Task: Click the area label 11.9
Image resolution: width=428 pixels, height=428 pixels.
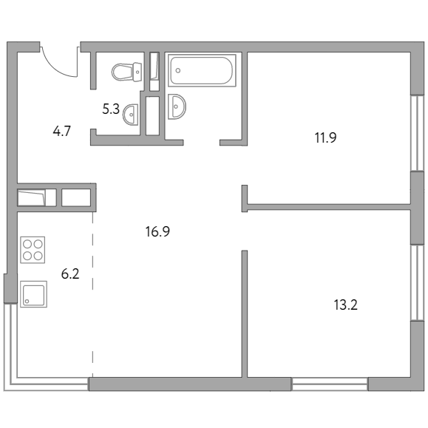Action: click(325, 137)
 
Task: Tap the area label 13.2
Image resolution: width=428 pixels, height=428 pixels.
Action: click(345, 305)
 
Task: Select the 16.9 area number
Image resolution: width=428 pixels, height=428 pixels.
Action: click(157, 231)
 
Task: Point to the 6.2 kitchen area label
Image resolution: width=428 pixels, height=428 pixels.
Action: click(70, 274)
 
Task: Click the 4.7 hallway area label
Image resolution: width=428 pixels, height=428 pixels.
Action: click(61, 131)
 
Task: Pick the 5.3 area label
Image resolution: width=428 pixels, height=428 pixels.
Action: click(111, 109)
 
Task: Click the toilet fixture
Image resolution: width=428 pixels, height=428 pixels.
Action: click(126, 72)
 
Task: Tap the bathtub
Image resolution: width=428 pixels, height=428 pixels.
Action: click(202, 70)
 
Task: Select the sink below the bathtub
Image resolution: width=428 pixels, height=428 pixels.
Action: click(177, 106)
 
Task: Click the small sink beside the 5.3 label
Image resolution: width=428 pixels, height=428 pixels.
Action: click(131, 115)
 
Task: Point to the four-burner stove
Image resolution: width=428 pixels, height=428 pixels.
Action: click(33, 250)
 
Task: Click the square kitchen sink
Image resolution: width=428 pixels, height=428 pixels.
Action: click(33, 294)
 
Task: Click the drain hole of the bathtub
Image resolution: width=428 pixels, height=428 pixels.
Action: click(178, 71)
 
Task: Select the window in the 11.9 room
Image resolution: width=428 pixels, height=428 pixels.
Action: click(418, 133)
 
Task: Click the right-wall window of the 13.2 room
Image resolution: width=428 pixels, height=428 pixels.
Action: click(418, 282)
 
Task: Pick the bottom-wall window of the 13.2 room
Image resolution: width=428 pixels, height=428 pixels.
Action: click(330, 384)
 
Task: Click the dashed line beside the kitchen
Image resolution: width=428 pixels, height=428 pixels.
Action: click(92, 281)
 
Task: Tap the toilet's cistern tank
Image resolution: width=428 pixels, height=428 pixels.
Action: click(137, 72)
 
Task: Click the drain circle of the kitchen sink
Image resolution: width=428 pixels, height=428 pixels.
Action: click(27, 302)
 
